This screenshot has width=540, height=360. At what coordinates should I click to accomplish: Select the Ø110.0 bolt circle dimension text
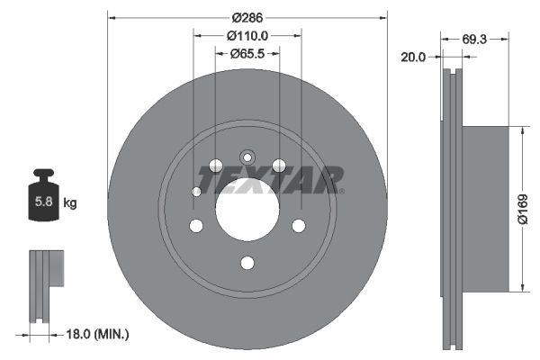pyautogui.click(x=247, y=36)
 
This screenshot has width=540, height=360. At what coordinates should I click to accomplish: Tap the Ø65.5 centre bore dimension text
pyautogui.click(x=247, y=53)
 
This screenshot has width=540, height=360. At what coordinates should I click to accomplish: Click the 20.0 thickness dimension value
pyautogui.click(x=413, y=57)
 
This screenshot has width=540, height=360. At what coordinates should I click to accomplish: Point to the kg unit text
pyautogui.click(x=70, y=203)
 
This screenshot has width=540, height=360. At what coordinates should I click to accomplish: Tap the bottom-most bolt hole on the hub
pyautogui.click(x=247, y=263)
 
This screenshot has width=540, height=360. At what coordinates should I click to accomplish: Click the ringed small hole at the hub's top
pyautogui.click(x=247, y=154)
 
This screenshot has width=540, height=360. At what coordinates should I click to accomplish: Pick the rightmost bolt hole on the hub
pyautogui.click(x=299, y=225)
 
